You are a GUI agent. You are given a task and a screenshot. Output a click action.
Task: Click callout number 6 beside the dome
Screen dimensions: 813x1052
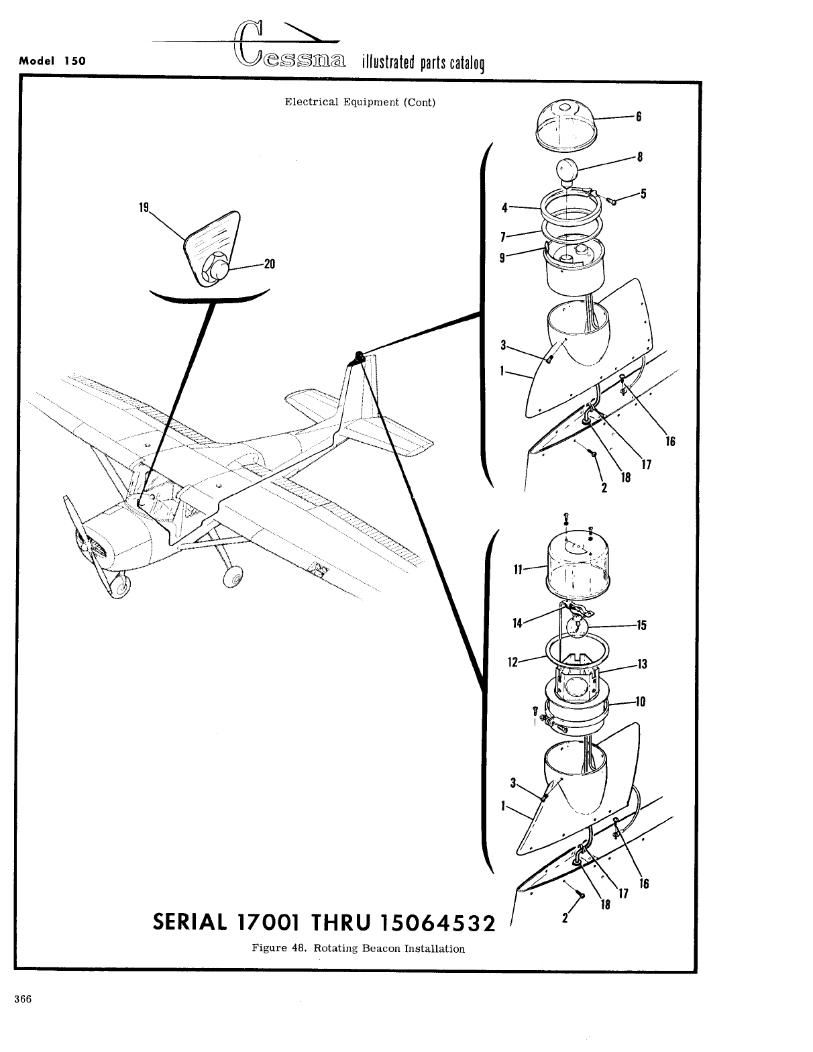click(x=639, y=116)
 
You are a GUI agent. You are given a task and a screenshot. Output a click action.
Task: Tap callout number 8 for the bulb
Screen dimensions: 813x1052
click(x=640, y=158)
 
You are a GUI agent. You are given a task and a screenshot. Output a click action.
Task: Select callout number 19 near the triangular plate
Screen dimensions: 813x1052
click(x=144, y=207)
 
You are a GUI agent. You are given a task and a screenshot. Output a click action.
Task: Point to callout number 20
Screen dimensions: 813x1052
click(x=269, y=264)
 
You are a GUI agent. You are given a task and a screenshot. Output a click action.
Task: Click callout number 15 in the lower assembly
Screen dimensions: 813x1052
click(x=641, y=625)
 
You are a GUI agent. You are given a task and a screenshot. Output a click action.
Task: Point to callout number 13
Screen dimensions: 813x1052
click(x=642, y=664)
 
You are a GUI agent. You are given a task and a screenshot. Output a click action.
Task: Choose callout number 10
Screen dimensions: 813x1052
click(x=639, y=702)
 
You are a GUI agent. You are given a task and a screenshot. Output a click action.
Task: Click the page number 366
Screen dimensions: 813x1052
click(x=23, y=998)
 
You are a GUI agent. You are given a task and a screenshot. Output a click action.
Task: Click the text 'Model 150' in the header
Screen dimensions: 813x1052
click(x=52, y=60)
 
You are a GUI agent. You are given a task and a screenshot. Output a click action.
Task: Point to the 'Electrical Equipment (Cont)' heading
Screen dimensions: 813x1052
click(x=360, y=102)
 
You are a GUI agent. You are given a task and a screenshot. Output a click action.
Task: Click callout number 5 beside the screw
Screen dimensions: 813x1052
click(x=643, y=195)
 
